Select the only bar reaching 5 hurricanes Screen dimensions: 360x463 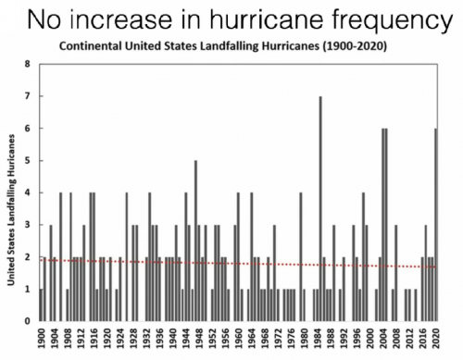(195, 241)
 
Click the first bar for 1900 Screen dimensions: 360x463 (41, 304)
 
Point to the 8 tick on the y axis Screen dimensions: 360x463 (28, 64)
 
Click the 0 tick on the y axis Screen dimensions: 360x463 (28, 321)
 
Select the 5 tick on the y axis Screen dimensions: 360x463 (28, 160)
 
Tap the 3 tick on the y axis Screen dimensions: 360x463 (28, 225)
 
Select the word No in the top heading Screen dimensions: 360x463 (45, 19)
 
